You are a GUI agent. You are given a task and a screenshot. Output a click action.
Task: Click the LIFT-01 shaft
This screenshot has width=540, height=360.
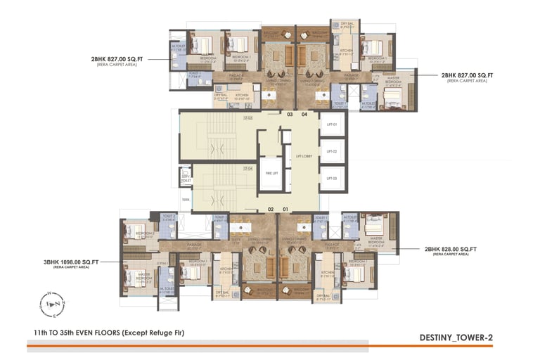333,124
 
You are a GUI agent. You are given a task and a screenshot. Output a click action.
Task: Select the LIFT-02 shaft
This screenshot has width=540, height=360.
333,151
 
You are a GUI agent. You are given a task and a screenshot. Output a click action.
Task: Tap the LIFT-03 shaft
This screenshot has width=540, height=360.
333,179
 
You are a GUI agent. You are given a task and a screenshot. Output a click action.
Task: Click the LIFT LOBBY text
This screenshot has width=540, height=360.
303,156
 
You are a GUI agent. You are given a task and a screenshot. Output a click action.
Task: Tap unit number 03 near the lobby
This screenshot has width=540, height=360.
290,114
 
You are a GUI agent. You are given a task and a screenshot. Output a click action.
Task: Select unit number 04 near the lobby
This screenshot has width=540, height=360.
304,114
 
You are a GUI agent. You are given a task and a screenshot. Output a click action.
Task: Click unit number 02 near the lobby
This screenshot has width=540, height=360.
271,210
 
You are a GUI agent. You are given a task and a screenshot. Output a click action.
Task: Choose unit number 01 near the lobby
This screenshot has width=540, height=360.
285,210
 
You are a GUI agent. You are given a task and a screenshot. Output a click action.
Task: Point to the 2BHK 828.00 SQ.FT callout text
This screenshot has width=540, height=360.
451,249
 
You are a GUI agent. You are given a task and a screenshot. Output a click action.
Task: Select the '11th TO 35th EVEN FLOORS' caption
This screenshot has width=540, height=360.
108,332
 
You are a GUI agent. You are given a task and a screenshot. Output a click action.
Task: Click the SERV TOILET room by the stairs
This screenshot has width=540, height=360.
186,176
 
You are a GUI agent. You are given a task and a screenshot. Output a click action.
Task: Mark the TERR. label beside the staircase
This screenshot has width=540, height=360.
186,199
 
